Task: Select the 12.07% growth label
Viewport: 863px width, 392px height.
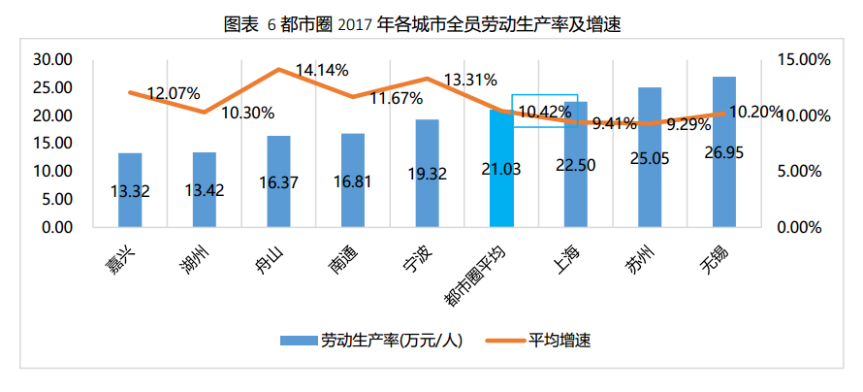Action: coord(174,94)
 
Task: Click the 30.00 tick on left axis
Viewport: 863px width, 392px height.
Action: coord(53,60)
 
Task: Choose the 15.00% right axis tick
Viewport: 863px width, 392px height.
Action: coord(804,60)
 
